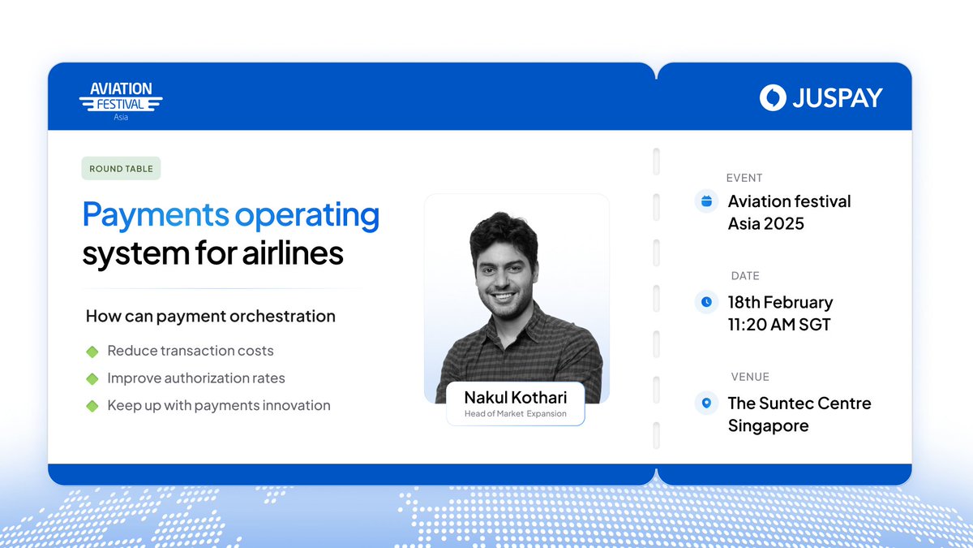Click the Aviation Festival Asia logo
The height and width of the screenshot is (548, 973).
click(x=121, y=99)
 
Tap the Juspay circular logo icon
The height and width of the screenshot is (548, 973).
click(x=773, y=97)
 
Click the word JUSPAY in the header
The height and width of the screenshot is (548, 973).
click(x=838, y=98)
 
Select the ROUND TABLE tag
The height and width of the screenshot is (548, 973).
click(x=121, y=169)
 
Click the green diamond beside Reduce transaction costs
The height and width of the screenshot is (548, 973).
click(x=92, y=352)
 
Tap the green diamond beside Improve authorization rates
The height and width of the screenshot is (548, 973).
click(x=92, y=378)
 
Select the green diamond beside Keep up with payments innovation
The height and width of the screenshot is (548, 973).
click(x=92, y=406)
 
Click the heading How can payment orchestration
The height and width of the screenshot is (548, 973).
click(x=211, y=317)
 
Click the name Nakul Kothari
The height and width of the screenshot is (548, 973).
click(x=515, y=397)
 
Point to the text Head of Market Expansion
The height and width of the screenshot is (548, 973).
click(x=515, y=414)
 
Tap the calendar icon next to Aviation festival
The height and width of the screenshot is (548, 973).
click(x=706, y=201)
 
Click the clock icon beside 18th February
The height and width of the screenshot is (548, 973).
click(x=706, y=302)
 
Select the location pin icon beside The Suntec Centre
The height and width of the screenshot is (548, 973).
click(x=706, y=403)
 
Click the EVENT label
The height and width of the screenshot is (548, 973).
click(x=744, y=178)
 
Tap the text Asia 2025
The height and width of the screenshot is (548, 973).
click(x=765, y=223)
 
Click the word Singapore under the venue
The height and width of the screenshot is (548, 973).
click(x=768, y=425)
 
